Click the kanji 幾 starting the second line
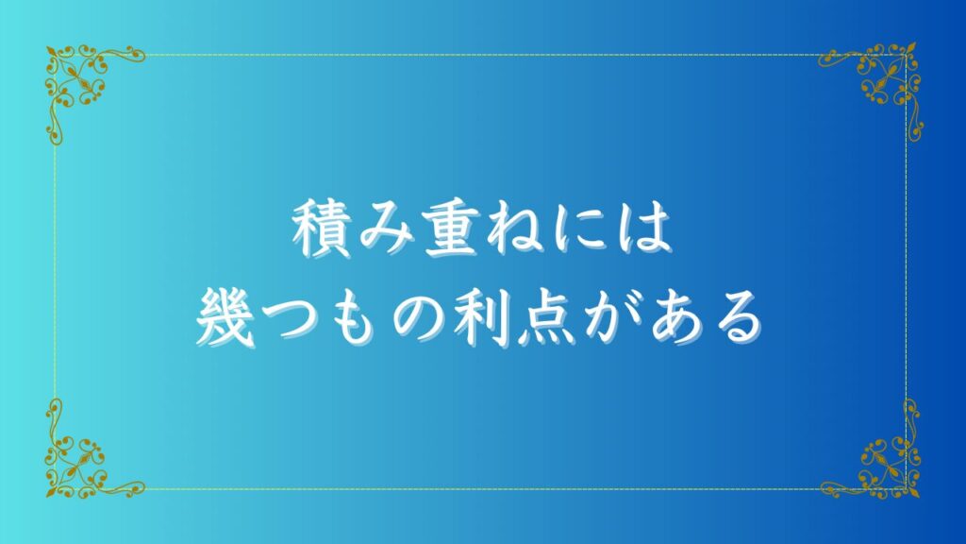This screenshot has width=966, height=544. [x=225, y=318]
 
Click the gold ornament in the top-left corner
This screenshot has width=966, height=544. [x=77, y=77]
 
